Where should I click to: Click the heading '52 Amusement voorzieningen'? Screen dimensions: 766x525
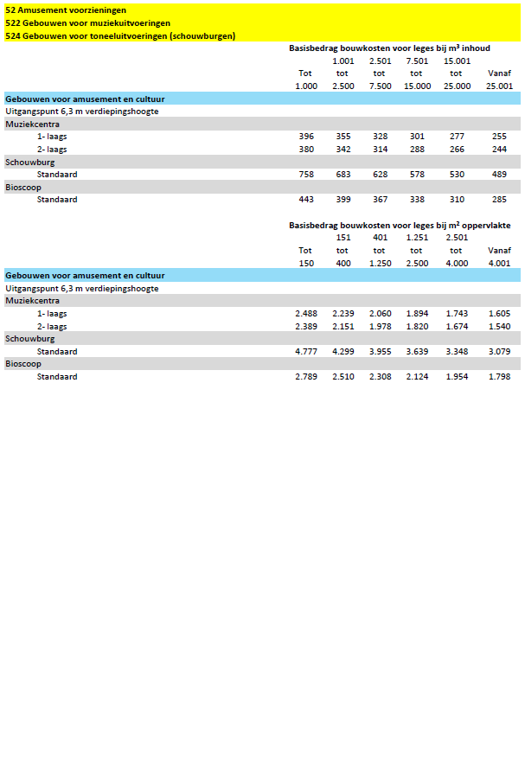pos(66,10)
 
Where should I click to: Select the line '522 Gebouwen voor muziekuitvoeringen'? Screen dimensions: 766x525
pos(87,22)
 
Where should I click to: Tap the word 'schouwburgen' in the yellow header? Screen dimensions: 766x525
pos(202,35)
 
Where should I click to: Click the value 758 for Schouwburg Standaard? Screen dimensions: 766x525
pos(306,175)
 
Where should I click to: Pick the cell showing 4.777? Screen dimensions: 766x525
pos(306,352)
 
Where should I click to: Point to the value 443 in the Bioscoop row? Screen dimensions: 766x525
pos(306,200)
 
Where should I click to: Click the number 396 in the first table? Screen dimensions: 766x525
pos(306,137)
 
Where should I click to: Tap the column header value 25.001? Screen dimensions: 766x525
pos(500,86)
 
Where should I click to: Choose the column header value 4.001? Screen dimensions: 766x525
pos(500,263)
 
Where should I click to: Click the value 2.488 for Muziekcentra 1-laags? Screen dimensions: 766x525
pos(306,314)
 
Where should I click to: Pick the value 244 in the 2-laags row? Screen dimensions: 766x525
pos(500,150)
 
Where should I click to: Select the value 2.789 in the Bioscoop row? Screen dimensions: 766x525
pos(306,377)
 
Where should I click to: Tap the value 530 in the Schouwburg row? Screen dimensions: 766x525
pos(457,175)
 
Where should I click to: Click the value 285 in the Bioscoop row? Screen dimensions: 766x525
pos(500,200)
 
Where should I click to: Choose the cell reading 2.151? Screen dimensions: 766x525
pos(343,327)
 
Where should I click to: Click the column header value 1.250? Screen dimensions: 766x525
pos(381,263)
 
